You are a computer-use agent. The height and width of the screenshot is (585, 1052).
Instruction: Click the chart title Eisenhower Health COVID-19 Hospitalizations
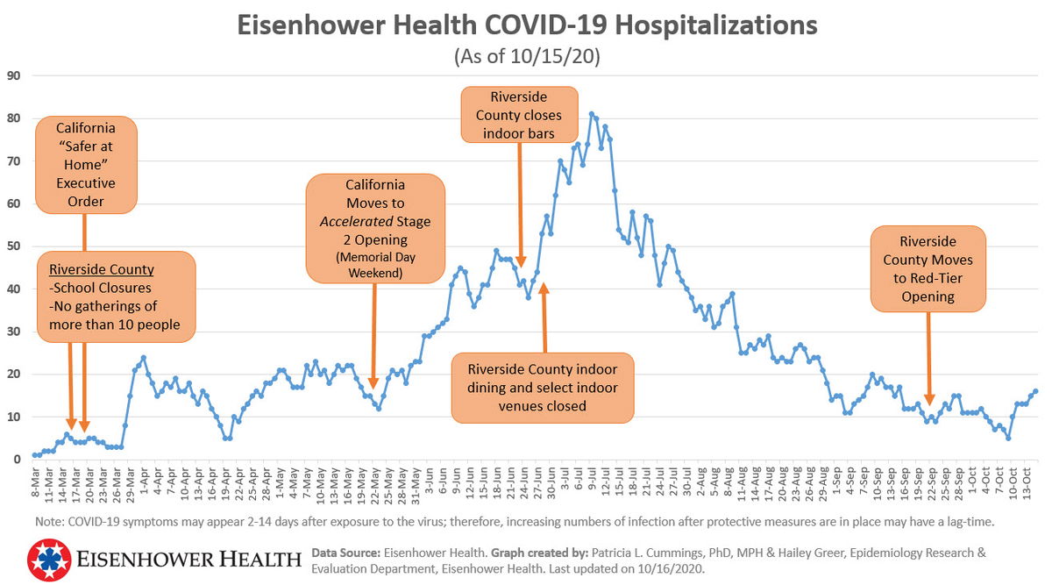pos(527,25)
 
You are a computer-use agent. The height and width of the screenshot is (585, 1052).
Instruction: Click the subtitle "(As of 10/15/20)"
pos(526,57)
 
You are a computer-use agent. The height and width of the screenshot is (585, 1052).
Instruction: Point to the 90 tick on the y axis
pos(14,75)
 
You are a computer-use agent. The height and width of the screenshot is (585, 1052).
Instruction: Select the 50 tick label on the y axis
pos(14,246)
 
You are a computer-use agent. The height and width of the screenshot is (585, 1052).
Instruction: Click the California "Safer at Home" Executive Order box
pos(86,164)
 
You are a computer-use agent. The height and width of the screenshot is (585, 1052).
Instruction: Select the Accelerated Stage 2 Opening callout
pos(375,228)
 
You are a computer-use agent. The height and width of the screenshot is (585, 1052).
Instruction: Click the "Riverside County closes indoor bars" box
pos(520,114)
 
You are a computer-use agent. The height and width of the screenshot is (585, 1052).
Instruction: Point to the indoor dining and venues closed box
pos(542,389)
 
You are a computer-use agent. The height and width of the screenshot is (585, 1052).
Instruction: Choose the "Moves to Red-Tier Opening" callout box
pos(928,268)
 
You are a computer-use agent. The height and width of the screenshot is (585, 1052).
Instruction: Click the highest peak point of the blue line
pos(592,114)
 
